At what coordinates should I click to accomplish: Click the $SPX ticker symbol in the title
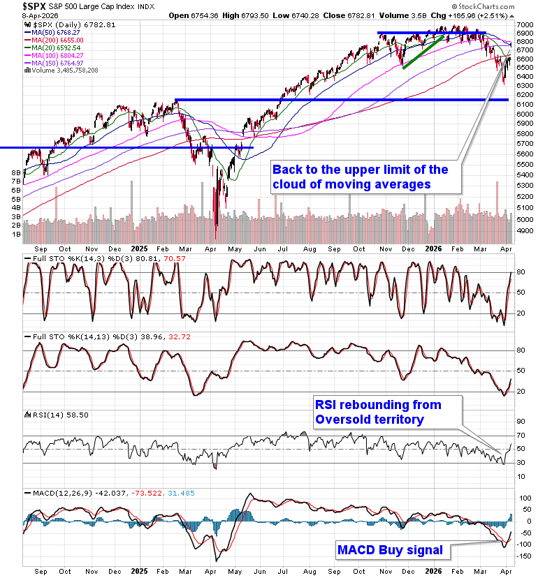click(16, 6)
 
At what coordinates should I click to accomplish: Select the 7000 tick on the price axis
click(525, 23)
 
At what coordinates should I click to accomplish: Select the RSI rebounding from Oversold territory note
click(377, 412)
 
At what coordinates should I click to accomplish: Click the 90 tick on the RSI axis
click(521, 422)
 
